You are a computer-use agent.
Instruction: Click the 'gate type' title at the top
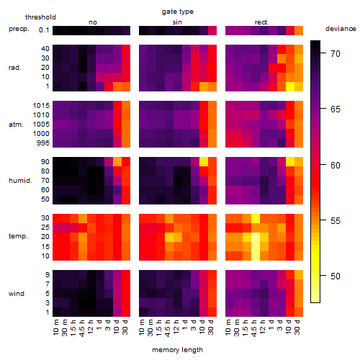click(x=178, y=12)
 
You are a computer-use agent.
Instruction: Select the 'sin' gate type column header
click(x=177, y=22)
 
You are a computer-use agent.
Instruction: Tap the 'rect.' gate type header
click(x=261, y=22)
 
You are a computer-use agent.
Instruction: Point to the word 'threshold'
click(x=40, y=17)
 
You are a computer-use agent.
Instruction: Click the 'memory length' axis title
click(x=177, y=350)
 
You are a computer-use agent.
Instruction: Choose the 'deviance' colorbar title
click(x=341, y=29)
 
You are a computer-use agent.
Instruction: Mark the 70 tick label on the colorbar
click(x=336, y=53)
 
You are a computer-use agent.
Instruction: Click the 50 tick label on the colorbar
click(x=336, y=276)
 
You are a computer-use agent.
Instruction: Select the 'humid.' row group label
click(x=20, y=181)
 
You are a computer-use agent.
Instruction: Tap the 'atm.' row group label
click(x=16, y=125)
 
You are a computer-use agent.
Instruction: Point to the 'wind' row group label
click(x=17, y=294)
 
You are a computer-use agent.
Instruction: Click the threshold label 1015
click(x=41, y=106)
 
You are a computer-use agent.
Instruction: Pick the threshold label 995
click(x=43, y=143)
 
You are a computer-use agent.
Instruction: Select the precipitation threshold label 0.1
click(x=44, y=30)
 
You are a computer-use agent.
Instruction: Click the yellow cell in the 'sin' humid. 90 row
click(x=204, y=162)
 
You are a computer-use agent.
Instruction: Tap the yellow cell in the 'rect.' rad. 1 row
click(x=290, y=86)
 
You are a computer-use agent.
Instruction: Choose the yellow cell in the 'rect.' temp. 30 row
click(x=256, y=218)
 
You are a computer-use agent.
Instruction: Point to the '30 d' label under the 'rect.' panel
click(x=297, y=327)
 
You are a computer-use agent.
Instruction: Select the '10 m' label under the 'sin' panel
click(x=142, y=328)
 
